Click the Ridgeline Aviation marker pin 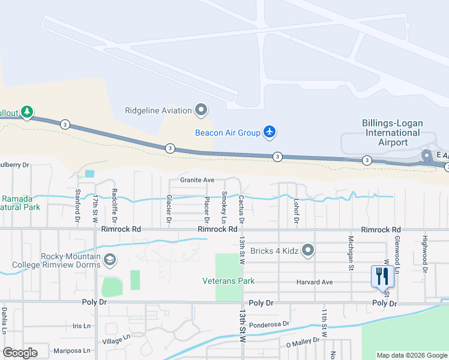coord(201,110)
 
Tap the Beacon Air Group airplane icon coord(270,132)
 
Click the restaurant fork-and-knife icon coord(382,276)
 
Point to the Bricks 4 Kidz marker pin coord(308,250)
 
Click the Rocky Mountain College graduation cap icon coord(110,260)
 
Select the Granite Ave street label coord(197,180)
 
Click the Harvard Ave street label coord(314,282)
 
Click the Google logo coord(20,353)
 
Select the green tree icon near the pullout coord(26,112)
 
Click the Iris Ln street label coord(80,326)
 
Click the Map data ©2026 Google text coord(412,355)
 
